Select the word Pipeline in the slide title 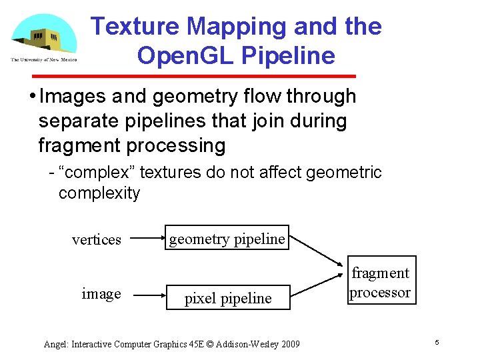pyautogui.click(x=291, y=56)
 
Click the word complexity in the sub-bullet pyautogui.click(x=99, y=193)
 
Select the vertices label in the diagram pyautogui.click(x=97, y=240)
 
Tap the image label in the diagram pyautogui.click(x=101, y=294)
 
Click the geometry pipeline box pyautogui.click(x=227, y=239)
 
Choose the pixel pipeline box pyautogui.click(x=228, y=299)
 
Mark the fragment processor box pyautogui.click(x=381, y=282)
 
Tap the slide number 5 pyautogui.click(x=437, y=342)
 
